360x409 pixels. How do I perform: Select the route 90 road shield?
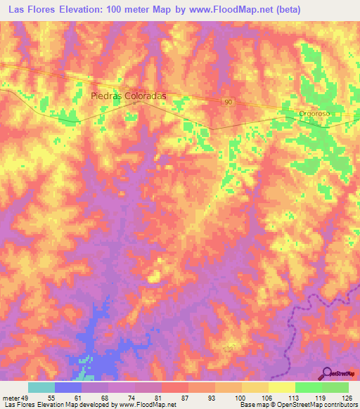click(x=229, y=103)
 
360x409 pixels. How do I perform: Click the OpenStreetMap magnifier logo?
click(x=328, y=372)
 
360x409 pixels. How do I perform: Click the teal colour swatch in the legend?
click(x=41, y=387)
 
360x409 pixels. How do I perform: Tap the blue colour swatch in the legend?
click(x=67, y=387)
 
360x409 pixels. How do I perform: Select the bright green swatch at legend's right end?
click(x=335, y=387)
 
